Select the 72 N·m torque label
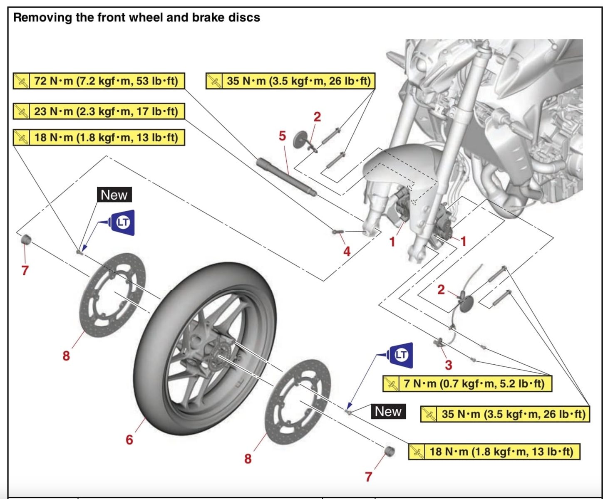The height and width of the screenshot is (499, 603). coord(99,81)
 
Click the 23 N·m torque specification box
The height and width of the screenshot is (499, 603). coord(99,111)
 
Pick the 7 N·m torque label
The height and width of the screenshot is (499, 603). coord(467,383)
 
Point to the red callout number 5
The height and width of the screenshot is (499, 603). coord(283,136)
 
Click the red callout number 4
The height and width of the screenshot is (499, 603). coord(347,251)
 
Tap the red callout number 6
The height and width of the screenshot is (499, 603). coord(129,440)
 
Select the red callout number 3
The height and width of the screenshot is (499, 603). coord(448,365)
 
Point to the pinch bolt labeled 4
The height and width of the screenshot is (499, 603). coord(337,231)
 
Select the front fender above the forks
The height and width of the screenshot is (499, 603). coord(400,162)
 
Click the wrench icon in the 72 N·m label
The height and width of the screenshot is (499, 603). coord(21,81)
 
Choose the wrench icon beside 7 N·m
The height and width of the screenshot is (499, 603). coord(391,383)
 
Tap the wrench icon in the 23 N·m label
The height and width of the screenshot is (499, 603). coord(21,111)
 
